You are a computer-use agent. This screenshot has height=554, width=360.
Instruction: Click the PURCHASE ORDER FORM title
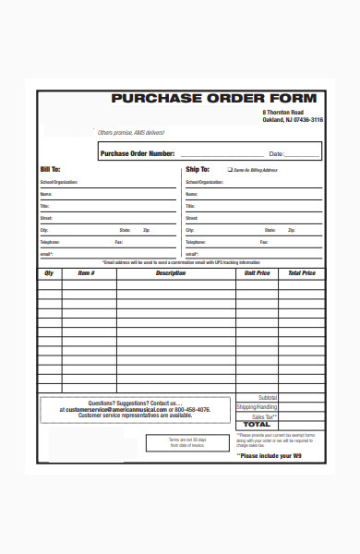[x=213, y=99]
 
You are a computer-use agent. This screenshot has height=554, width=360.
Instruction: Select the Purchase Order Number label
[x=137, y=153]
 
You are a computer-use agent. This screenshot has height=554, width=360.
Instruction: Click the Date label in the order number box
[x=276, y=154]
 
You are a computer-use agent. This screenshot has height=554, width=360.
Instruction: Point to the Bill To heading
[x=50, y=170]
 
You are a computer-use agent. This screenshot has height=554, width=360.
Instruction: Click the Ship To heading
[x=198, y=170]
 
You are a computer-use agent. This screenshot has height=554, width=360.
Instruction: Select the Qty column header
[x=49, y=273]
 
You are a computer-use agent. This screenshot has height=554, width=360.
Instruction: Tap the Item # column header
[x=86, y=273]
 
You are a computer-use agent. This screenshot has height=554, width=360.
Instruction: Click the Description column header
[x=171, y=273]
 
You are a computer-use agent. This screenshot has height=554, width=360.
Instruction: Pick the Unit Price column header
[x=257, y=273]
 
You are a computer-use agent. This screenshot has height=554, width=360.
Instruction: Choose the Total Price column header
[x=301, y=273]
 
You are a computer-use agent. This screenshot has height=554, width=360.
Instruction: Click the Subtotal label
[x=267, y=397]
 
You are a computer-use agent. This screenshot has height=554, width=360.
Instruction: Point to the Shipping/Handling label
[x=257, y=407]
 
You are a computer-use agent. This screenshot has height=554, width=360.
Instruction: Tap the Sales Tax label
[x=264, y=417]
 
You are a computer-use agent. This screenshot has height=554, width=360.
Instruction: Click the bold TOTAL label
[x=258, y=425]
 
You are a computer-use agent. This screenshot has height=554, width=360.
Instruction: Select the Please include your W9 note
[x=282, y=455]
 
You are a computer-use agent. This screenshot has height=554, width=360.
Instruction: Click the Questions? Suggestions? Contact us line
[x=135, y=403]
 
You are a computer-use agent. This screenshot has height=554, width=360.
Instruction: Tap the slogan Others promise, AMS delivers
[x=131, y=132]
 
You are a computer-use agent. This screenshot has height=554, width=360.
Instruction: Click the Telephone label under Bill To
[x=50, y=242]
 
